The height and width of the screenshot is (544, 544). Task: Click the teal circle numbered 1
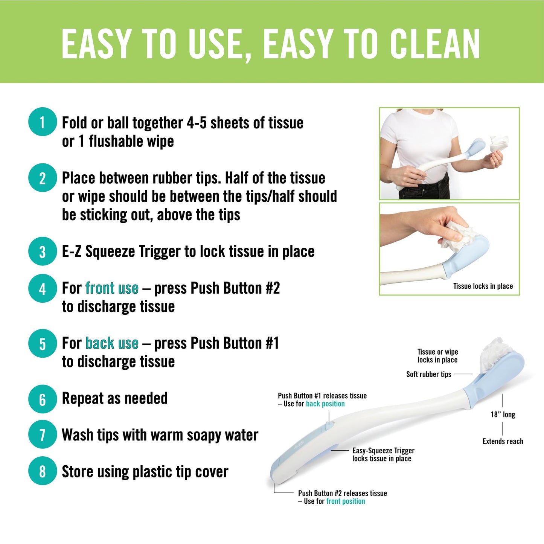coord(43,122)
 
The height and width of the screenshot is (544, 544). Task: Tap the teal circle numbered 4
coord(43,288)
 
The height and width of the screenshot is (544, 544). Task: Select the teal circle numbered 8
coord(43,471)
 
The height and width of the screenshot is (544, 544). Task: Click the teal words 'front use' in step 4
coord(112,288)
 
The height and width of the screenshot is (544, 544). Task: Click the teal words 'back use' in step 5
coord(112,343)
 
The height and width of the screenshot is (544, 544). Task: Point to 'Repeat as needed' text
coord(115,398)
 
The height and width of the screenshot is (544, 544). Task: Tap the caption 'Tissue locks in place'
coord(483,286)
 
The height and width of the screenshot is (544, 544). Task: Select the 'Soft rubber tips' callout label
coord(428,374)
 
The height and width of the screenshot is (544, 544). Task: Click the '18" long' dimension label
coord(503,414)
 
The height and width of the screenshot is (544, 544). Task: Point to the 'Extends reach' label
coord(503,441)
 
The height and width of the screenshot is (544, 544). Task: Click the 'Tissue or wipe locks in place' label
coord(437,356)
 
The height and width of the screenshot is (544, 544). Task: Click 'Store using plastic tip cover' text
coord(145,472)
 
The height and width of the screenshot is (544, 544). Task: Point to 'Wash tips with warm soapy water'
coord(160,435)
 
